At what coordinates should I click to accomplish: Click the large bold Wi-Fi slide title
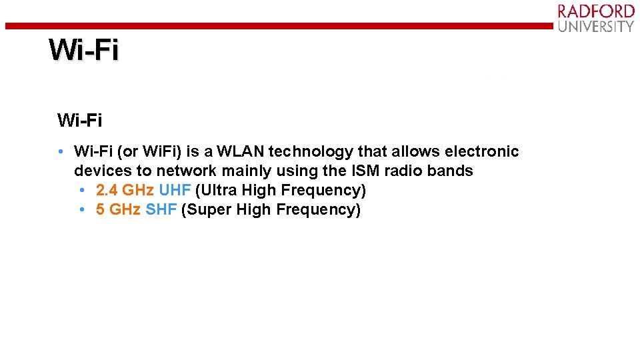pos(84,50)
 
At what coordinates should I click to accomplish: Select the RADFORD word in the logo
pos(596,11)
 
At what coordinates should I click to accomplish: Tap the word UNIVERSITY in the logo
pos(596,27)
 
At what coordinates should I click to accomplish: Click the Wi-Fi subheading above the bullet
pos(79,121)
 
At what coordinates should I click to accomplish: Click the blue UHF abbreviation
pos(175,190)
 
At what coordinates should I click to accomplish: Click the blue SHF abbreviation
pos(161,209)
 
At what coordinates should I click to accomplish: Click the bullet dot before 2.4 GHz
pos(81,191)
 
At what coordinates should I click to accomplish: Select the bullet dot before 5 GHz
pos(81,210)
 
